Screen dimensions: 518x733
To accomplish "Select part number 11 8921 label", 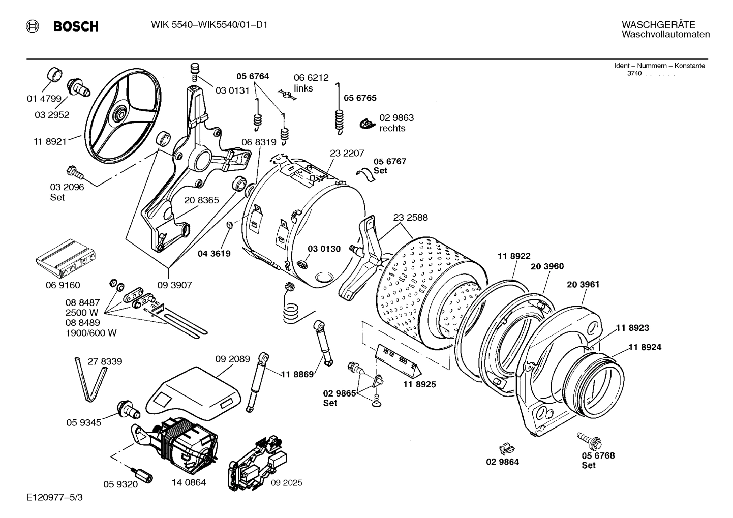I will click(50, 142).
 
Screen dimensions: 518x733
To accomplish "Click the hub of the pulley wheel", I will click(121, 111).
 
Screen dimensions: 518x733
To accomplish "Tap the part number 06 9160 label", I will click(63, 285).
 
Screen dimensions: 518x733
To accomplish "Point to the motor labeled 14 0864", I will click(186, 442).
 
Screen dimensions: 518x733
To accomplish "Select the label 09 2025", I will click(286, 482).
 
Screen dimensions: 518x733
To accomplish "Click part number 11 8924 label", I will click(645, 347).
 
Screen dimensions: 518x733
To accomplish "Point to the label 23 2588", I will click(410, 217).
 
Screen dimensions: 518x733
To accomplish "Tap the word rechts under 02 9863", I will click(392, 128).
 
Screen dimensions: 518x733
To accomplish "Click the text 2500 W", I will click(81, 312).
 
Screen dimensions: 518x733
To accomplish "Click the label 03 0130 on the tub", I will click(324, 249).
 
